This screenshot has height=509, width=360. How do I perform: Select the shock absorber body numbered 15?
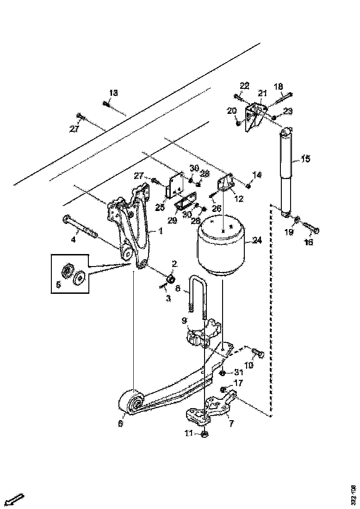[286, 171]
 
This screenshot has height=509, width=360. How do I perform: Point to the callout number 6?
[121, 423]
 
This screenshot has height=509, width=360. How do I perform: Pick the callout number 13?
[113, 93]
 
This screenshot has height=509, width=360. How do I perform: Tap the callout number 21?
[263, 93]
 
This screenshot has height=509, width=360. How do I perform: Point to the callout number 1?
[161, 230]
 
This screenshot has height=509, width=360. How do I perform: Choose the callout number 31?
[238, 372]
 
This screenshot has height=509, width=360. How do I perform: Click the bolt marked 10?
[257, 354]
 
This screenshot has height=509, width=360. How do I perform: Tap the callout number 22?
[244, 86]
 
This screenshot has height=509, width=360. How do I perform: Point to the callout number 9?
[184, 319]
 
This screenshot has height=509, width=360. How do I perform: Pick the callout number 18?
[279, 87]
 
